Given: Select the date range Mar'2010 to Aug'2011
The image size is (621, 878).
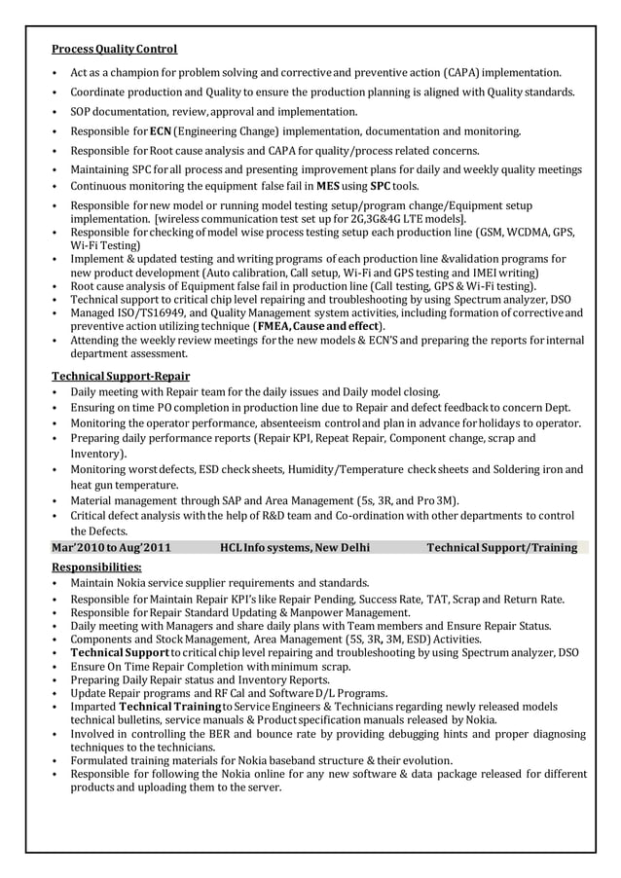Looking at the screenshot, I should coord(110,548).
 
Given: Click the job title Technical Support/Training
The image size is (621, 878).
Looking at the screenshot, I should coord(501,548).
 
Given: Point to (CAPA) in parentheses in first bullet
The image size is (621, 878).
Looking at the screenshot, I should coord(459,73).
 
